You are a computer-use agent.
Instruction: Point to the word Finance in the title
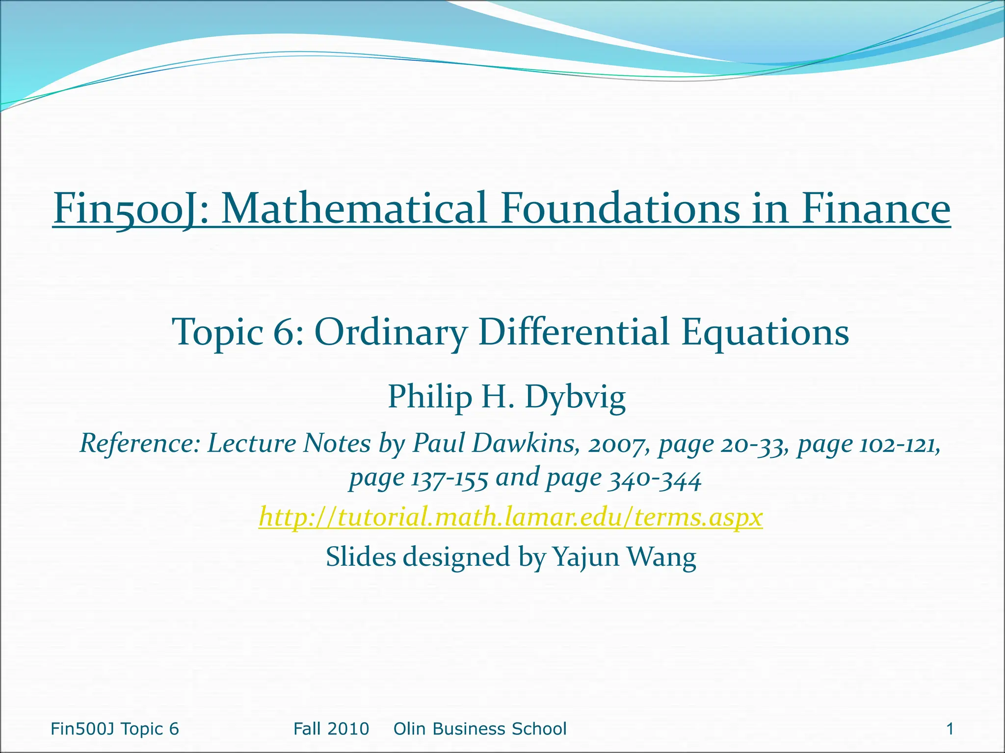click(x=876, y=208)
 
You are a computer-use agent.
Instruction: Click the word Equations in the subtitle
click(x=766, y=332)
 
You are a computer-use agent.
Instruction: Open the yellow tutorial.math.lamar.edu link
click(x=511, y=517)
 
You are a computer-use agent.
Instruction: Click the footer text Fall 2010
click(x=331, y=729)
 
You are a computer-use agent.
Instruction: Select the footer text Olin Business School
click(x=480, y=729)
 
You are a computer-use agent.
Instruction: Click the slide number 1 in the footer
click(x=950, y=729)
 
